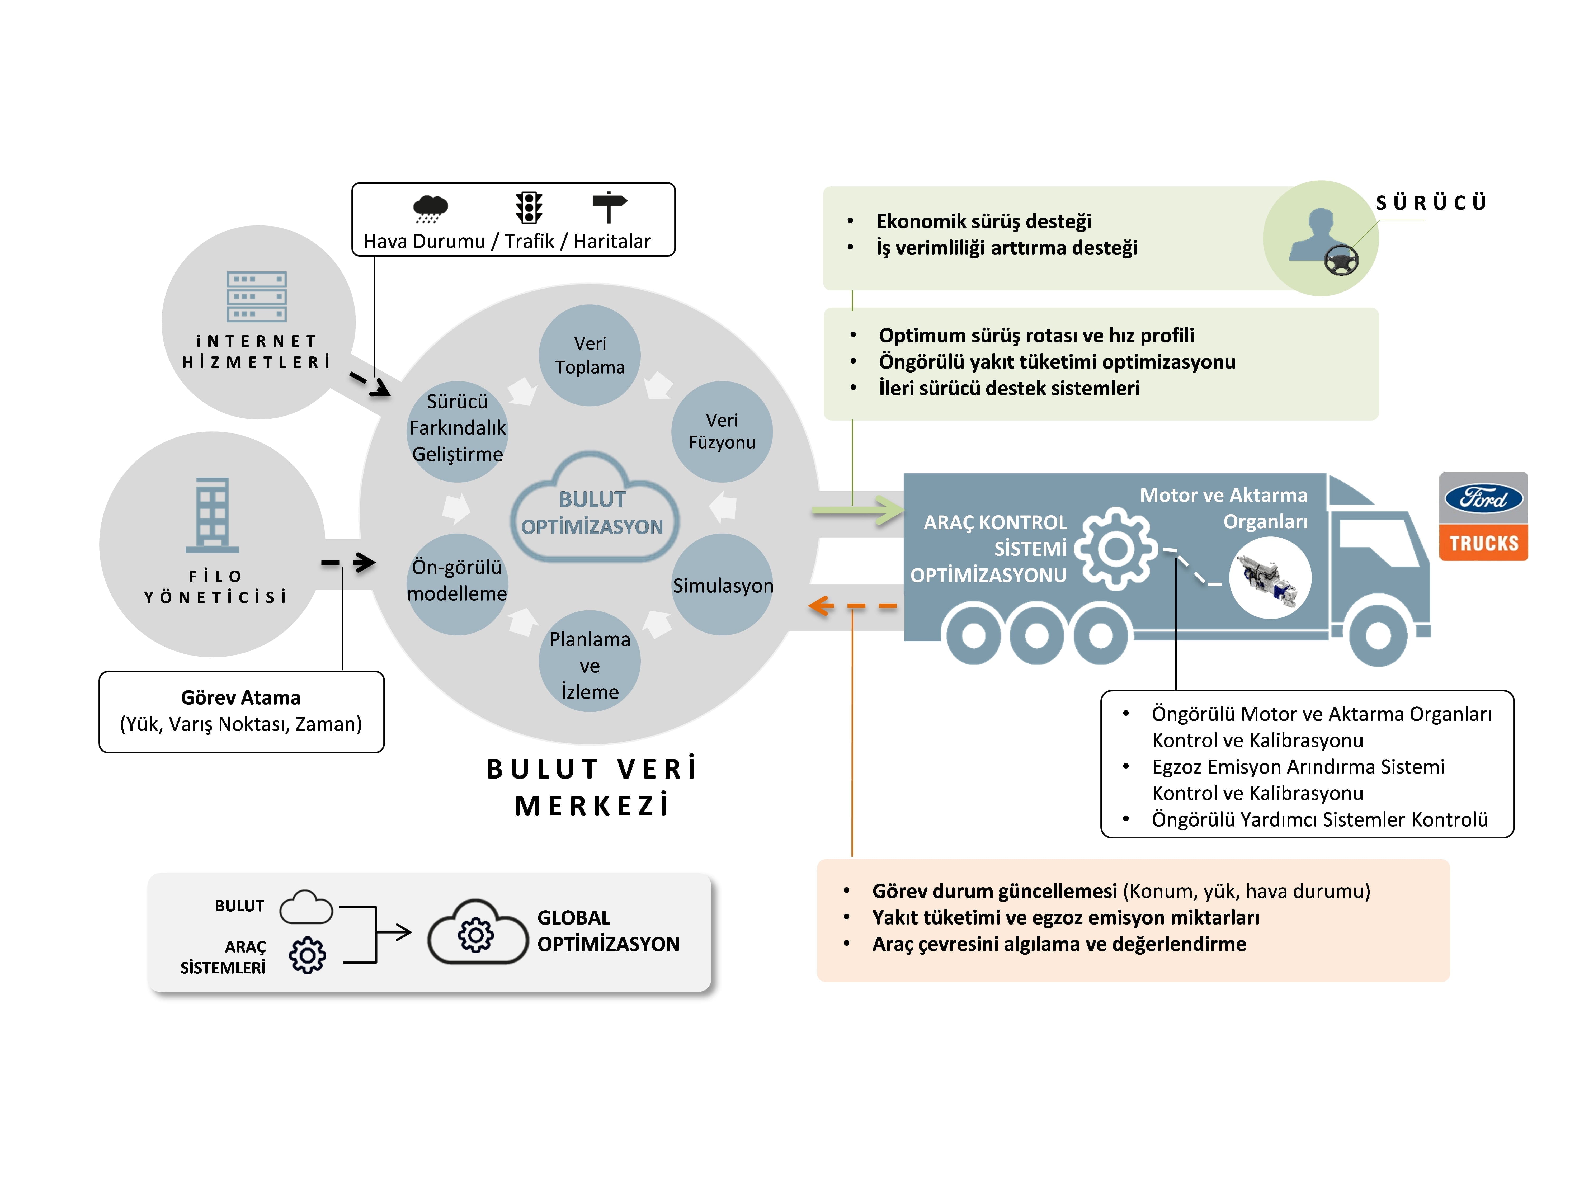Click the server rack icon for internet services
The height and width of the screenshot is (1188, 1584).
pos(256,296)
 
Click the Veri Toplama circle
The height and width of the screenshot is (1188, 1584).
pos(589,355)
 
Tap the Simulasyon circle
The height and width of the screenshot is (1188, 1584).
pos(722,585)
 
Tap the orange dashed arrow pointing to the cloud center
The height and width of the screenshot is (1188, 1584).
pos(852,606)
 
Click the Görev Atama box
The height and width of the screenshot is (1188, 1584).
pos(241,711)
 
